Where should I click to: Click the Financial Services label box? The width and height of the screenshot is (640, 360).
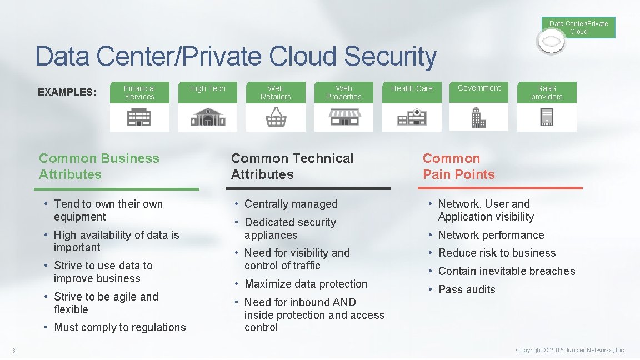click(139, 92)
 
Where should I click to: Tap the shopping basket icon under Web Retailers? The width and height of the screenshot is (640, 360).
click(276, 117)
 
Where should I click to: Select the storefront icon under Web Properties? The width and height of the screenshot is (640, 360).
click(344, 117)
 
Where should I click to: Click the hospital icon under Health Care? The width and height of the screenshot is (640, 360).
click(412, 117)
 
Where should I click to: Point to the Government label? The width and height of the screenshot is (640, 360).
click(479, 88)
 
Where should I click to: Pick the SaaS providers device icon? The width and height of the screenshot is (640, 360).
click(547, 117)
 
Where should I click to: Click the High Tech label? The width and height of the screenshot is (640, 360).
click(207, 88)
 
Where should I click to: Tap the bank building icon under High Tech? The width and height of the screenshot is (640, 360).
click(207, 117)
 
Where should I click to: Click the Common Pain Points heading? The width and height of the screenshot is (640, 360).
click(458, 166)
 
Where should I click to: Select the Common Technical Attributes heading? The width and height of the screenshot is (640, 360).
click(292, 166)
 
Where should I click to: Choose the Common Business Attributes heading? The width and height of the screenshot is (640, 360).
click(99, 166)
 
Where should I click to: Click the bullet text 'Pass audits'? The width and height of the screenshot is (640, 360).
click(467, 289)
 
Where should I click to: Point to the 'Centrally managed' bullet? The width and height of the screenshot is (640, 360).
click(291, 204)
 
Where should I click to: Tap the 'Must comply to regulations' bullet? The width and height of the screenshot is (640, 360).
click(120, 327)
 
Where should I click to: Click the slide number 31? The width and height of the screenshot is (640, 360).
click(15, 350)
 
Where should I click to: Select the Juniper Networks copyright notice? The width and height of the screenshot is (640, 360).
click(571, 350)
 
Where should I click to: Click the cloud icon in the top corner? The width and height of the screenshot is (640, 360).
click(551, 42)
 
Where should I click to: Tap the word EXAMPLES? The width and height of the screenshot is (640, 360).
click(67, 92)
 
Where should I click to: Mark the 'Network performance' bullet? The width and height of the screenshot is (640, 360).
click(491, 235)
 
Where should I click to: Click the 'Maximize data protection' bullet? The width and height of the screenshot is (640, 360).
click(306, 284)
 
